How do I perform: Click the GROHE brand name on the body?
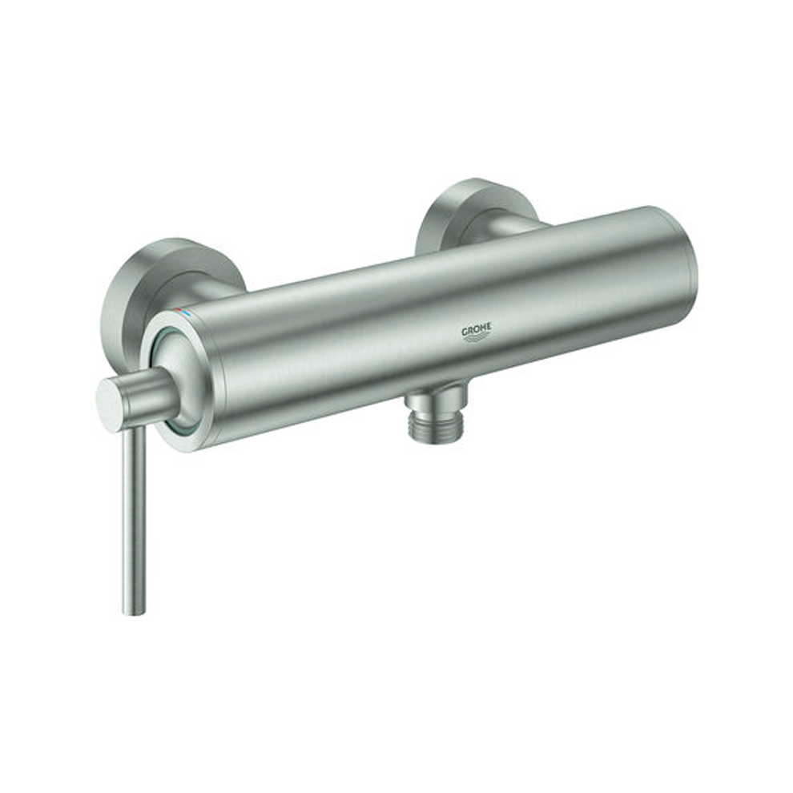[476, 332]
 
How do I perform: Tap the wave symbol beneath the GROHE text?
[477, 339]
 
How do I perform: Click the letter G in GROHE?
[465, 332]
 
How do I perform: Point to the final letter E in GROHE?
[488, 329]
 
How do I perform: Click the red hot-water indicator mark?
[178, 309]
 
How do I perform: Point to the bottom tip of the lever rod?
[134, 613]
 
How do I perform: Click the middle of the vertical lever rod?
[134, 521]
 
